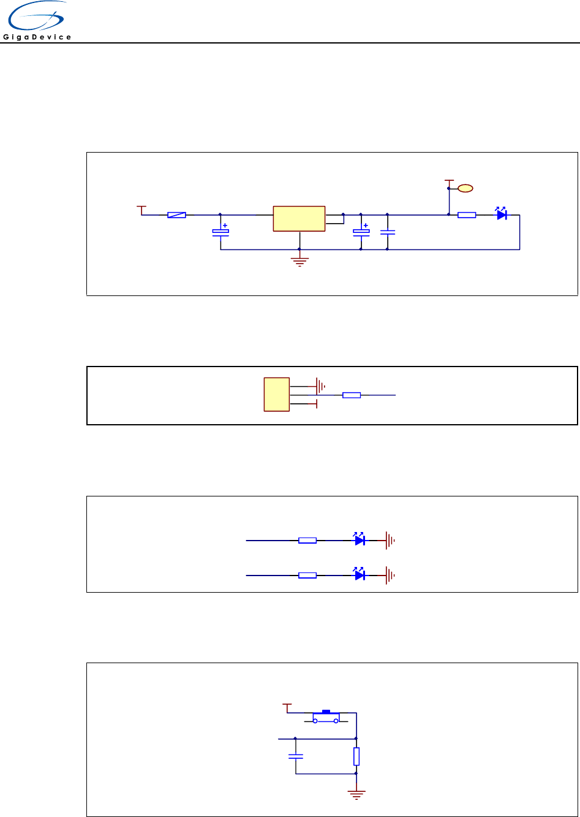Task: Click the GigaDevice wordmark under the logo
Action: coord(37,37)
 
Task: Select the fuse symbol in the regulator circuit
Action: coord(176,215)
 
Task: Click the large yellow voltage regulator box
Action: coord(299,219)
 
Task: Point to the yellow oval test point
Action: coord(465,188)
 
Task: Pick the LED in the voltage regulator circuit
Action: coord(501,215)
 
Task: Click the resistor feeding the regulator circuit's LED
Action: coord(467,215)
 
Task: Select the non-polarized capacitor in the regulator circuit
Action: coord(388,232)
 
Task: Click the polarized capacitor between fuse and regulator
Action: coord(220,231)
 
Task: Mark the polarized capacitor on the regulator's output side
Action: coord(361,232)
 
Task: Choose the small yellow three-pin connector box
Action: coord(276,395)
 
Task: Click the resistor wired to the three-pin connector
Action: coord(352,395)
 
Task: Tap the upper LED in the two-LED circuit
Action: coord(360,540)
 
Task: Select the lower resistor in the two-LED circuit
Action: coord(307,576)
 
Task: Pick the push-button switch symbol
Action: coord(326,717)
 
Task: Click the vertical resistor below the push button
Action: coord(356,756)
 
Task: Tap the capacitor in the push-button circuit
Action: coord(296,756)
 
